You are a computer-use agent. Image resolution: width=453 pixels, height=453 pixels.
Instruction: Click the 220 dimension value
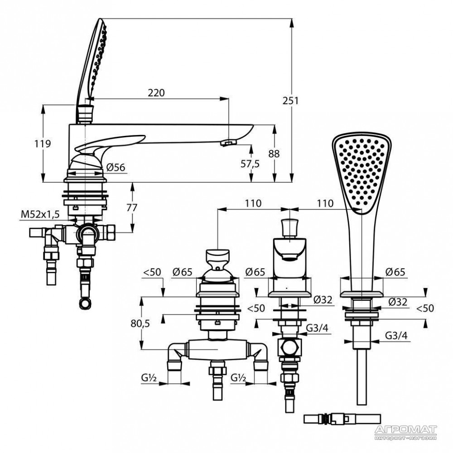(x=156, y=93)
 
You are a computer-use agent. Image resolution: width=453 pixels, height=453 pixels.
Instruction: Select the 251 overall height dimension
(x=291, y=101)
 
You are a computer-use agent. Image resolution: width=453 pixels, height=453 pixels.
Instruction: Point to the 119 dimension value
(x=43, y=144)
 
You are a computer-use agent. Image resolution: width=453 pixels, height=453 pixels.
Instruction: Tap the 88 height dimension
(x=274, y=154)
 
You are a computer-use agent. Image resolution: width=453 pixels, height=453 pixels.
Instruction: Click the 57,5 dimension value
(x=250, y=164)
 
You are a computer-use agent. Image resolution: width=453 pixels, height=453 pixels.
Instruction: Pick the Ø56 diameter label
(x=116, y=167)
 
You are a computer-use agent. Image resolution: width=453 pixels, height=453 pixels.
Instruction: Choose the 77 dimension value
(x=132, y=208)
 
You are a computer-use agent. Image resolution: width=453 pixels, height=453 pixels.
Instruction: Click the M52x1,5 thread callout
(x=40, y=214)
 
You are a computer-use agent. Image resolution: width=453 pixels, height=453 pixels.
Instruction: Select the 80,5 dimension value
(x=140, y=323)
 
